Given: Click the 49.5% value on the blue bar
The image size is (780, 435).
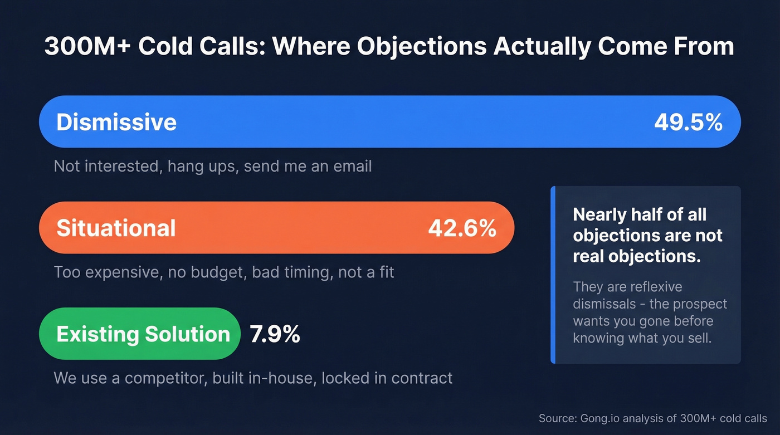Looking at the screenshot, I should [x=688, y=123].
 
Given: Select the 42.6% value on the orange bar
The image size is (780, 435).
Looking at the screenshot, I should [x=462, y=228].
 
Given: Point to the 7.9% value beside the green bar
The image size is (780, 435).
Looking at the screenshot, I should [x=275, y=334].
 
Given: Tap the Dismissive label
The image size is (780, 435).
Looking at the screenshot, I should [x=116, y=123].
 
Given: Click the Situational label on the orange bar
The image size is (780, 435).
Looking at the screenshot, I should [x=116, y=228].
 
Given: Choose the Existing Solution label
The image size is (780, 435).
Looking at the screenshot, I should [x=143, y=334].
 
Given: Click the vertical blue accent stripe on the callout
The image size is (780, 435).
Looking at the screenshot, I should [x=553, y=275].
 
